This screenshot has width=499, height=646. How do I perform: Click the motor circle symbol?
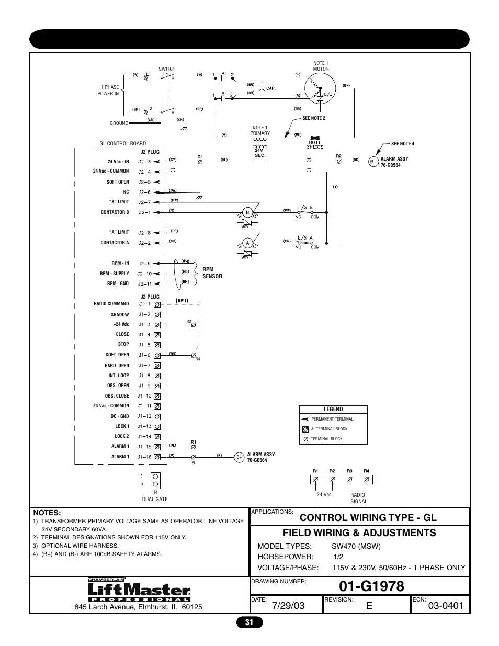coord(320,88)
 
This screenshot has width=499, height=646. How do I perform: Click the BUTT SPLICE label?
coord(315,145)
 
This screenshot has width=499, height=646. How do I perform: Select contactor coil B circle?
coord(248,213)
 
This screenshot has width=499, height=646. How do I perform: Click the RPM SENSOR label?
coord(212,273)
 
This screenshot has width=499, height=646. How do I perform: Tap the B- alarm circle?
coord(373,162)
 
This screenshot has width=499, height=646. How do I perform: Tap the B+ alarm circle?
coord(239,457)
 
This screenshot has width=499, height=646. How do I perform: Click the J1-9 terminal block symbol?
coord(157,386)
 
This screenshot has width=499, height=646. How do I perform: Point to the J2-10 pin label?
coord(144,274)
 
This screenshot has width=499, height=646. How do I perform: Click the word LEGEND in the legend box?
coord(333,410)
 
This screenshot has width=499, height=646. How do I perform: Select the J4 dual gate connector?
coord(155,480)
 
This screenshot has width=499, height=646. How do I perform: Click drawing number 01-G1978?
coord(371,586)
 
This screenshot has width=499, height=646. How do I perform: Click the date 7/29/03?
coord(288,606)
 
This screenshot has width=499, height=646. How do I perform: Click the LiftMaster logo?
coord(139,591)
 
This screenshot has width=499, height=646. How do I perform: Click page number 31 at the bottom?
coord(249,622)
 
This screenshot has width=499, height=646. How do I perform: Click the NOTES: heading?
coord(47,513)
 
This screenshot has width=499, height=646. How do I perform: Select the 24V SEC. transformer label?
coord(260,153)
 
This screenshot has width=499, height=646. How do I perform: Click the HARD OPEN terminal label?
coord(117,366)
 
